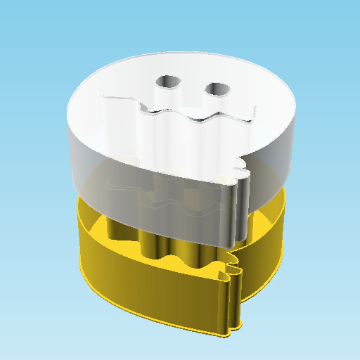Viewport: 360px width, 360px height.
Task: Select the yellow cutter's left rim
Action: (82, 225)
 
